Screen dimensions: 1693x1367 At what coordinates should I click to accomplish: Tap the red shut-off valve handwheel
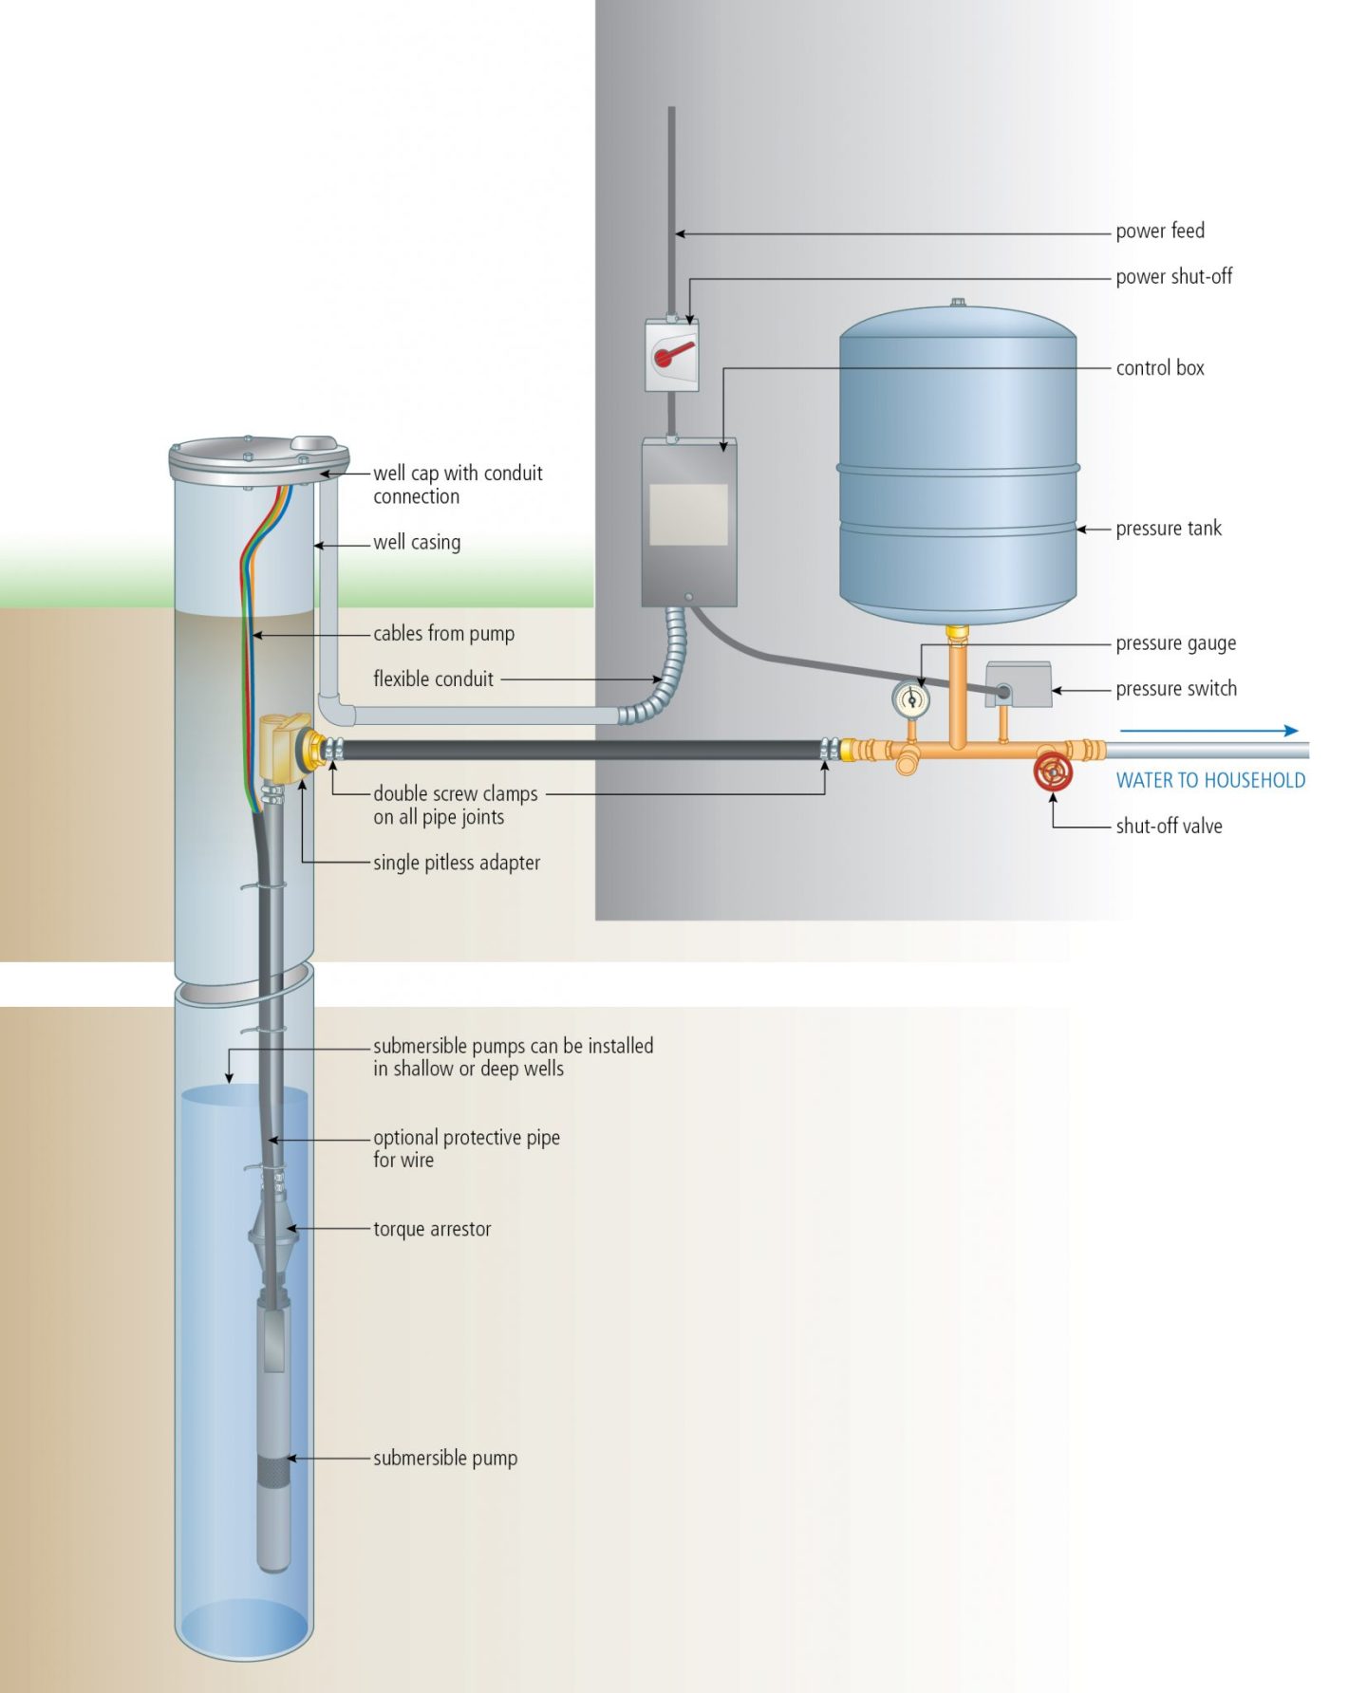[x=1053, y=772]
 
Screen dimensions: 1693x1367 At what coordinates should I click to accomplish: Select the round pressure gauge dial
[x=911, y=700]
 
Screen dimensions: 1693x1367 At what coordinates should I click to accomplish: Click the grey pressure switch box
[x=1020, y=684]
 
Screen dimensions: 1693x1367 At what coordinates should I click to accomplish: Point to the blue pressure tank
[x=957, y=465]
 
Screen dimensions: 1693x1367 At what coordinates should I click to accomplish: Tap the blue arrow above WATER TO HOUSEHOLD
[x=1208, y=731]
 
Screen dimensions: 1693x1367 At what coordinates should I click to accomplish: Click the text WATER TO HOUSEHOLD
[x=1210, y=780]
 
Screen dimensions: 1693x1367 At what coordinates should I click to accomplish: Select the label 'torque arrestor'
[x=432, y=1229]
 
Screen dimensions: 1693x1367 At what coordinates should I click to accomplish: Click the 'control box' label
[x=1159, y=368]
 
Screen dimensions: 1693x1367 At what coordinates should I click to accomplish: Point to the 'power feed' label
[x=1159, y=231]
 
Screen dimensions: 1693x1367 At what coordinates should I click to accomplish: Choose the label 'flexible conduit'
[x=433, y=679]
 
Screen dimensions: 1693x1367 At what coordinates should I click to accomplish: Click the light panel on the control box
[x=688, y=514]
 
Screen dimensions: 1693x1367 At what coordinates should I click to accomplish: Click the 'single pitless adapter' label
[x=457, y=863]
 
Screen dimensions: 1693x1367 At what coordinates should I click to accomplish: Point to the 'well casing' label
[x=417, y=542]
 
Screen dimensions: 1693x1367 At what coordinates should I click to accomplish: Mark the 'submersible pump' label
[x=445, y=1458]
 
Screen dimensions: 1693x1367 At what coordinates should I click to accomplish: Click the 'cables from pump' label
[x=443, y=633]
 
